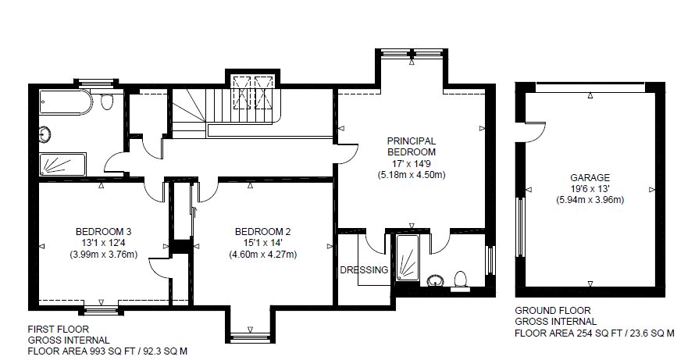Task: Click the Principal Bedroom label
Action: point(412,146)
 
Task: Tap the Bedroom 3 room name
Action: point(103,231)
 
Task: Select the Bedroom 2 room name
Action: point(263,231)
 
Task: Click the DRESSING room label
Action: point(364,269)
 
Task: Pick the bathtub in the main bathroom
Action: point(66,103)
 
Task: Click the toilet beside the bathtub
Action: point(107,102)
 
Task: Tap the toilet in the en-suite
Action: point(462,280)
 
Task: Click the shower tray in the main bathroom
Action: point(62,164)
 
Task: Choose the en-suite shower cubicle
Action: point(407,257)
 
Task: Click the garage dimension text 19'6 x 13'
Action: point(590,189)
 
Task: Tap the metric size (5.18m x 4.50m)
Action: point(412,175)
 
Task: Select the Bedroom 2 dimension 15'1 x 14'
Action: point(263,243)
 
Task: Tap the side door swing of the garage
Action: point(536,132)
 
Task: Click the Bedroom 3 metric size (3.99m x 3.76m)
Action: point(103,255)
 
